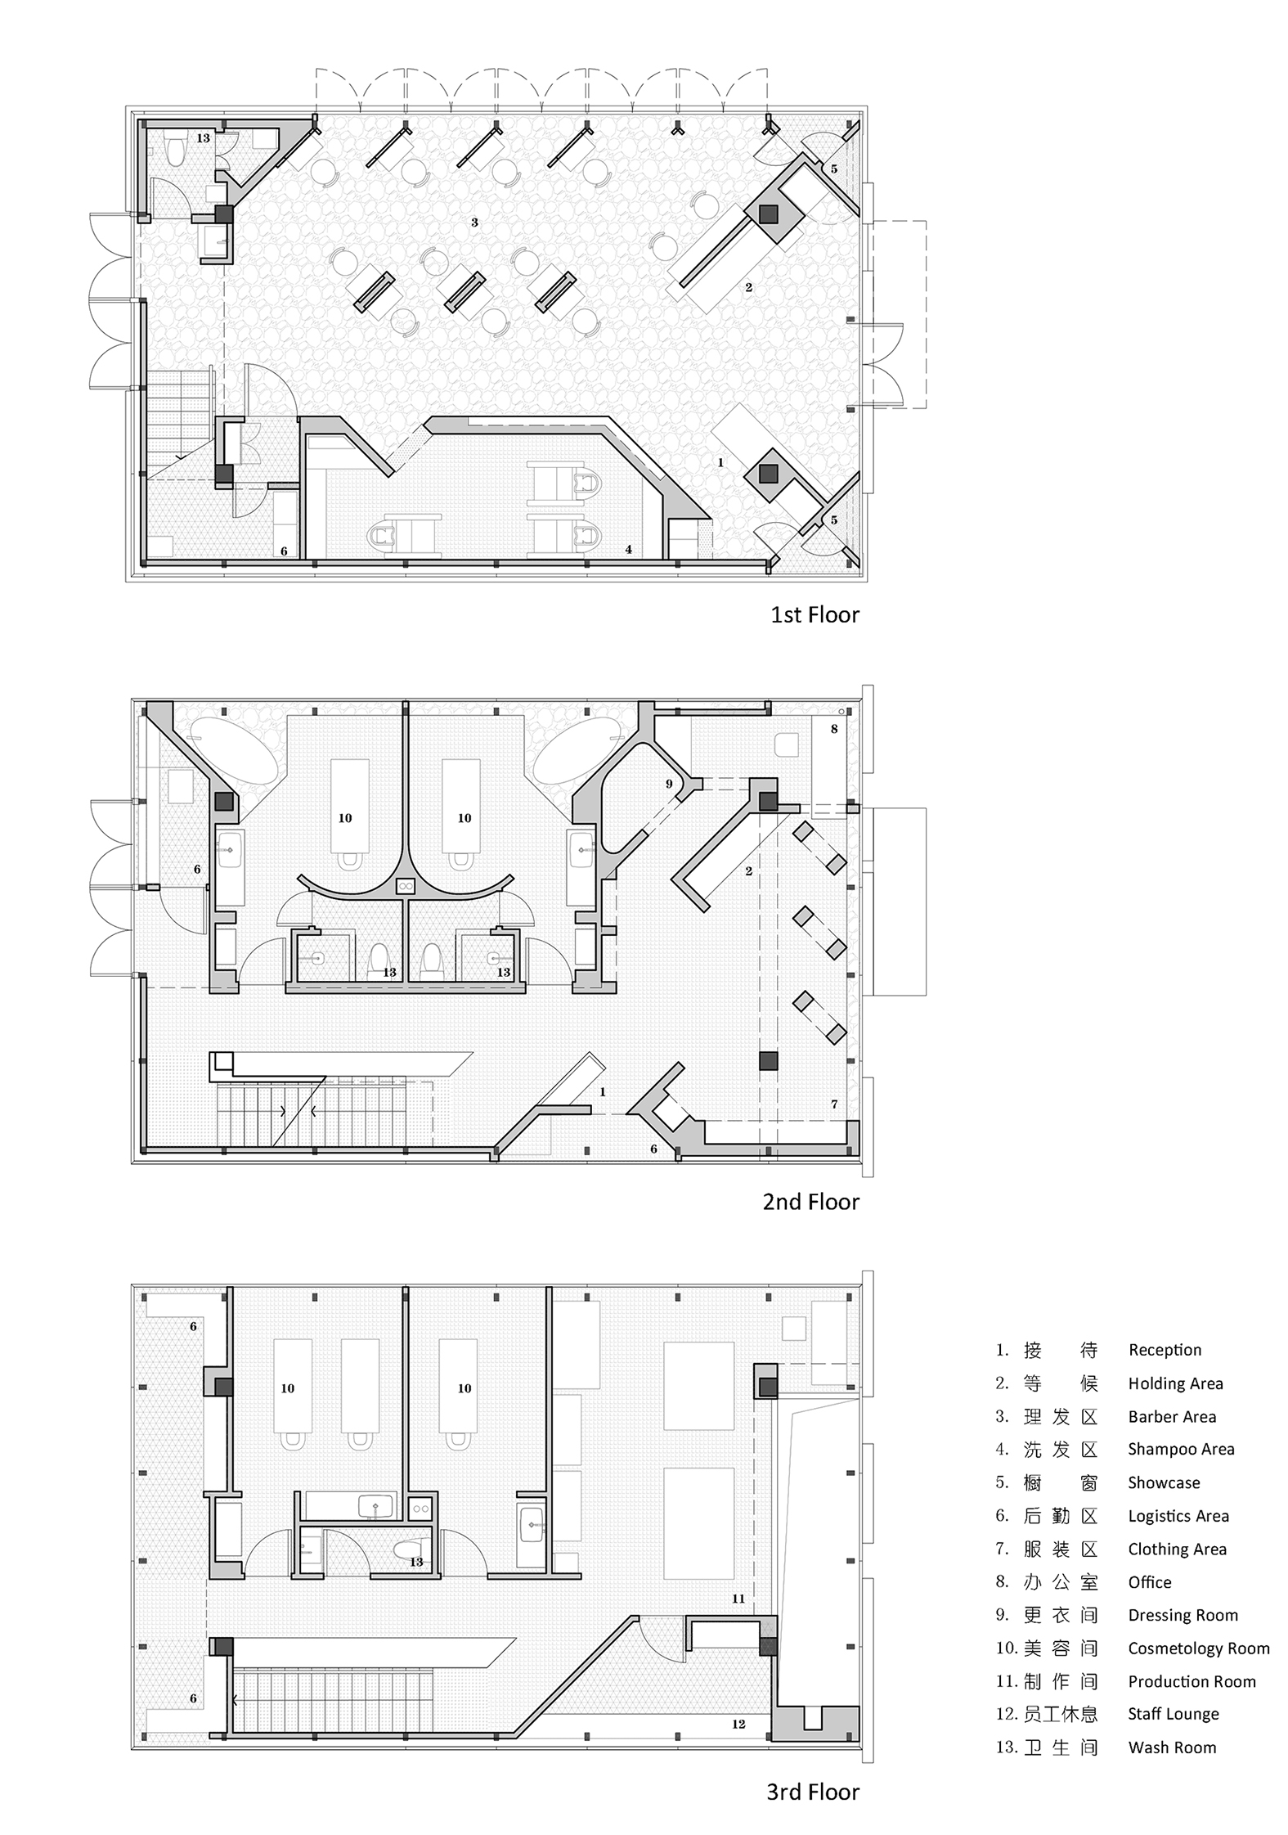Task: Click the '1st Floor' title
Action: tap(815, 614)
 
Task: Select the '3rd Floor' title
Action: tap(813, 1792)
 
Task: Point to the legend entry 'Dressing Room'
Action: tap(1183, 1615)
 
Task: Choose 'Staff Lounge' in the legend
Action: tap(1174, 1714)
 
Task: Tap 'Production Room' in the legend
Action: tap(1192, 1681)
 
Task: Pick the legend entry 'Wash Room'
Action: tap(1172, 1747)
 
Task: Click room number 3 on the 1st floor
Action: tap(474, 222)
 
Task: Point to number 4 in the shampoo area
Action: tap(628, 550)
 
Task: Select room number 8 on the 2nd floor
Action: tap(834, 729)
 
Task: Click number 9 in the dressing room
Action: tap(669, 784)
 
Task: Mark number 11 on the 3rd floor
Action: tap(738, 1598)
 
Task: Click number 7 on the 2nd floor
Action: tap(834, 1104)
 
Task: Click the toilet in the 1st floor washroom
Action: tap(174, 151)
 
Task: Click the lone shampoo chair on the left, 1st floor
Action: tap(405, 536)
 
